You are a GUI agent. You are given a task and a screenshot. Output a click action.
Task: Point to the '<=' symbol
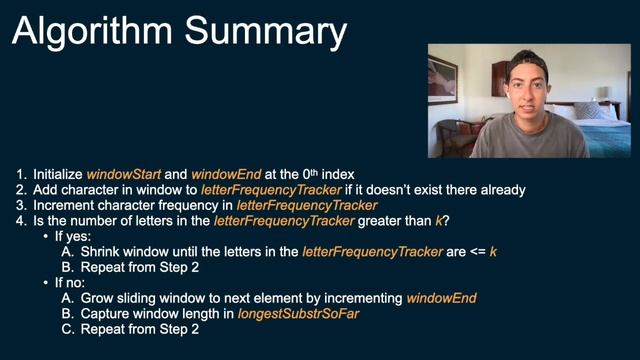click(470, 252)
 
